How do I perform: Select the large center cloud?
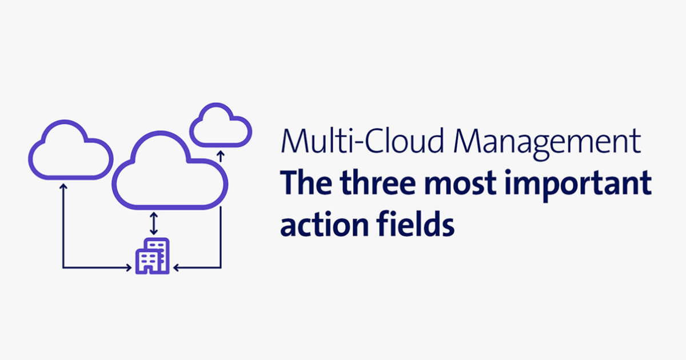pyautogui.click(x=170, y=171)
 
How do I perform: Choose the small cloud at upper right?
pyautogui.click(x=220, y=125)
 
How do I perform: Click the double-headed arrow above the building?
pyautogui.click(x=153, y=223)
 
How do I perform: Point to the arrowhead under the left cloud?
pyautogui.click(x=63, y=186)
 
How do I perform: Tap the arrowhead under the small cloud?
pyautogui.click(x=221, y=154)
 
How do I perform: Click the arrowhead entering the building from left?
pyautogui.click(x=129, y=267)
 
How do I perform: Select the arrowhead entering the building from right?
pyautogui.click(x=176, y=267)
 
